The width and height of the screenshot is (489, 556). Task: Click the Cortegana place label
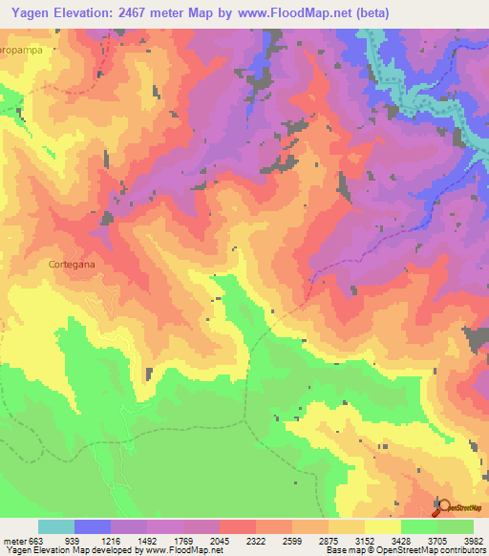coord(69,261)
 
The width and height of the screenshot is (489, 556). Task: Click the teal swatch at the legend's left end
coord(56,526)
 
